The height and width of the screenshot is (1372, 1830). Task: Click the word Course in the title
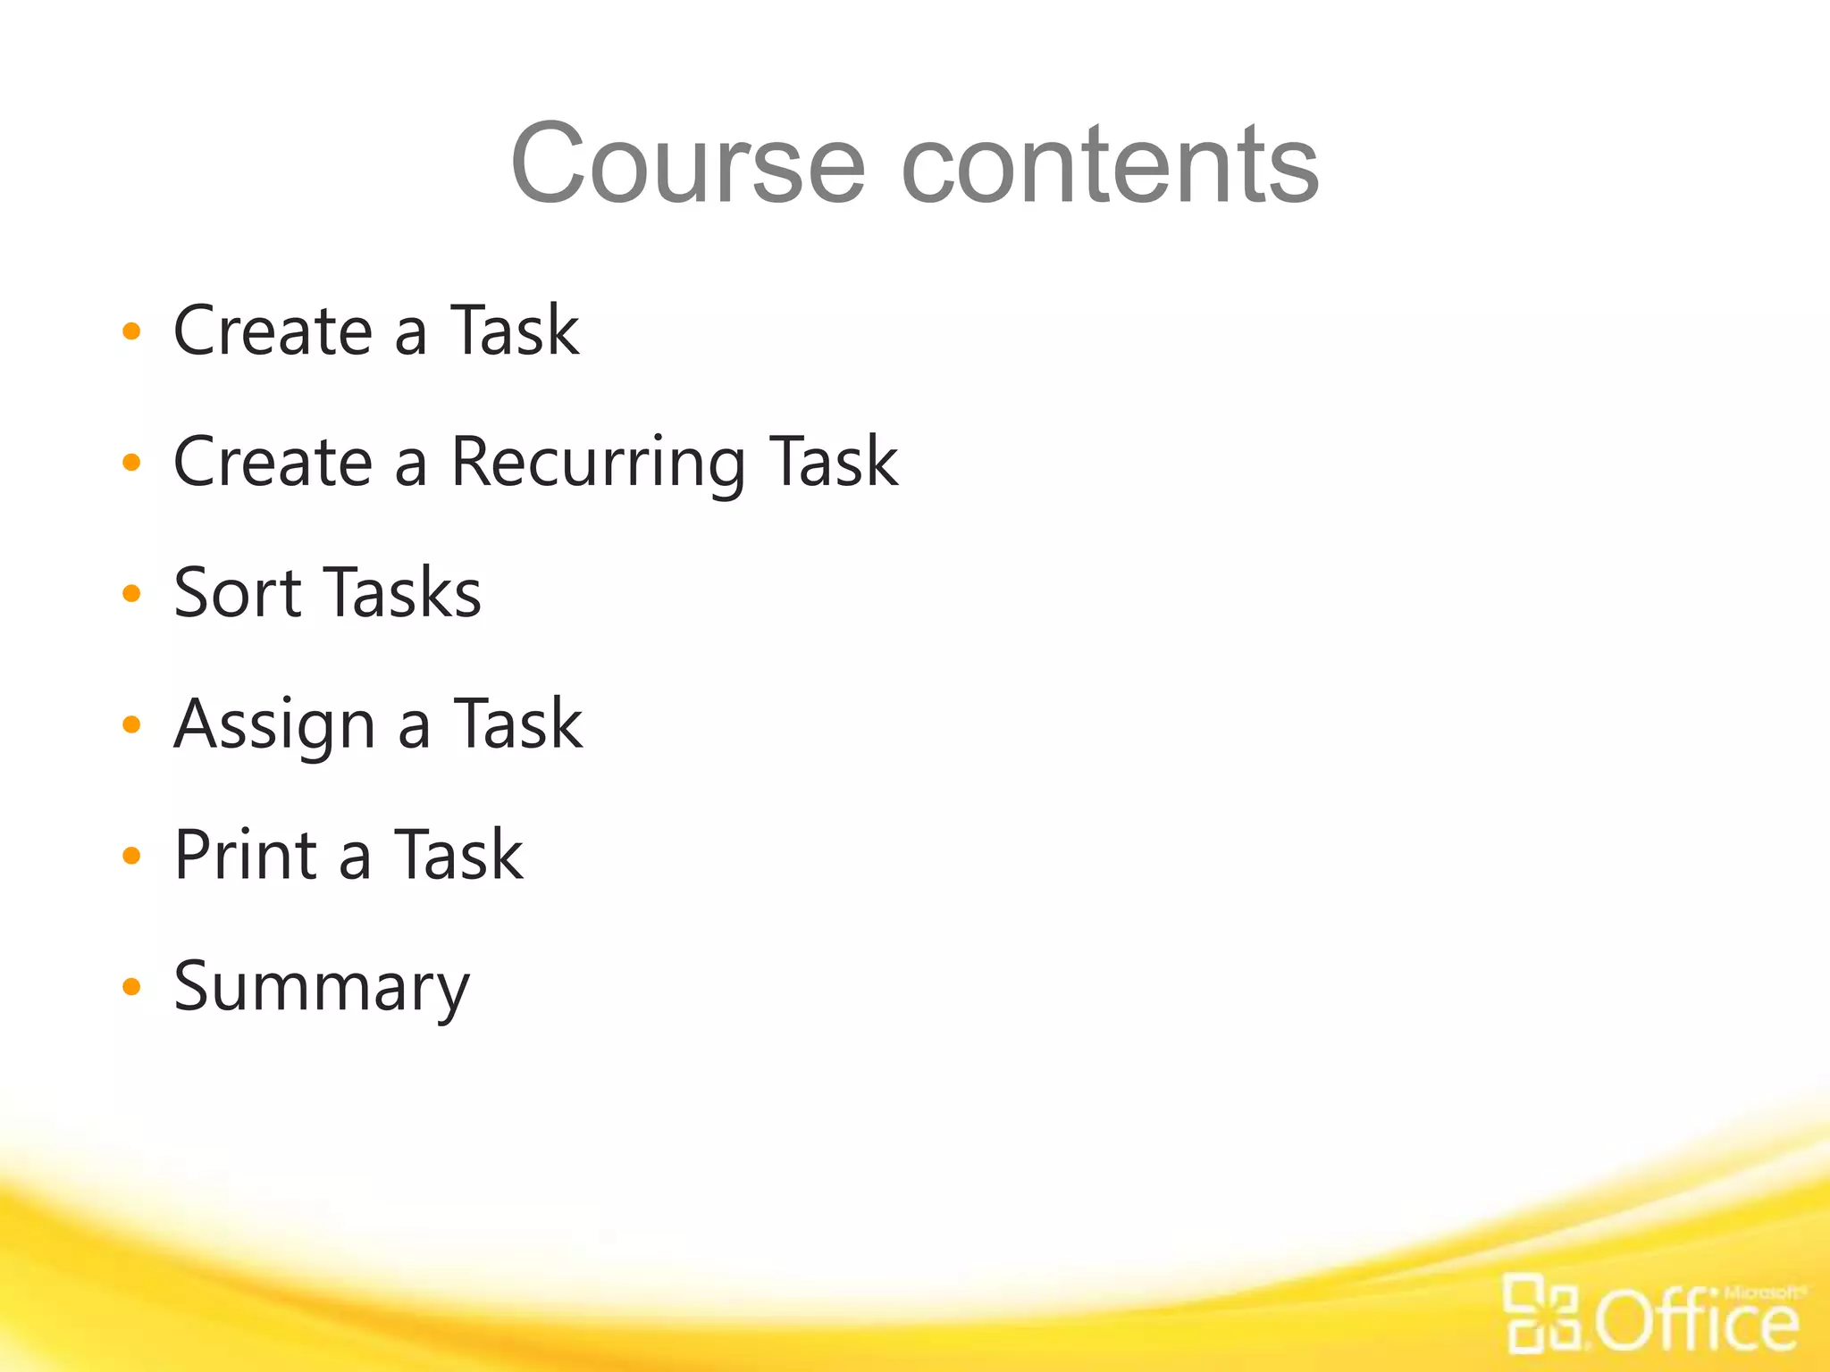coord(688,164)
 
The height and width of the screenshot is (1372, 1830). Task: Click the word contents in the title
coord(1110,164)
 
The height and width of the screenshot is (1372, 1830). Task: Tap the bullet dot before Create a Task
coord(131,331)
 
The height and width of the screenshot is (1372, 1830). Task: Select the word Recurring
coord(598,463)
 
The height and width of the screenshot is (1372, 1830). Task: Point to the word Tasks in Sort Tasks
coord(401,593)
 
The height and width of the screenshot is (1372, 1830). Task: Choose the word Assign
coord(274,724)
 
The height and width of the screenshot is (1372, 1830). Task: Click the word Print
coord(246,855)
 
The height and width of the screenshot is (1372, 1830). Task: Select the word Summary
coord(322,987)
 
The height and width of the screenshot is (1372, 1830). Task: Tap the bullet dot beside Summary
coord(131,987)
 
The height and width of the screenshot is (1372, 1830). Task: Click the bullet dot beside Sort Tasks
coord(131,593)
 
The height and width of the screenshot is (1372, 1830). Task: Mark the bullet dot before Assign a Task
coord(131,724)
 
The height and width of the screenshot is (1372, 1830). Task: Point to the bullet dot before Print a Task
coord(131,856)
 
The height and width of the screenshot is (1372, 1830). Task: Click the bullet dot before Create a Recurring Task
coord(131,463)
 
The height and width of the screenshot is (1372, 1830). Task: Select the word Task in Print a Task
coord(458,855)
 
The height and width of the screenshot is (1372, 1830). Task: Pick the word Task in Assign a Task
coord(518,724)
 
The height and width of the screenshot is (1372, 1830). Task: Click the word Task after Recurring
coord(834,463)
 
